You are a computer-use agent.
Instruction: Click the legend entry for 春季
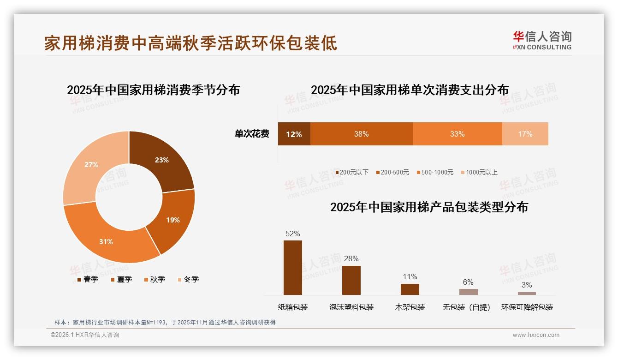click(x=87, y=279)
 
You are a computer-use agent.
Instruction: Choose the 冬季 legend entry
click(x=188, y=279)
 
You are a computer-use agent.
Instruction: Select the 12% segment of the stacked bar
click(x=294, y=134)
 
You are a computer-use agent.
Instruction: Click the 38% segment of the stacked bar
click(x=361, y=134)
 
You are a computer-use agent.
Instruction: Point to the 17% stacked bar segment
click(x=525, y=134)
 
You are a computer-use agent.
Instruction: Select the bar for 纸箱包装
click(x=293, y=268)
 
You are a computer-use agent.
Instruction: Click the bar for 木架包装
click(x=410, y=289)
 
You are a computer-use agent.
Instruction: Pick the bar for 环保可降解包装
click(x=527, y=293)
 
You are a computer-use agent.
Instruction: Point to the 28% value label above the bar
click(x=351, y=258)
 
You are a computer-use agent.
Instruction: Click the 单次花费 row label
click(x=252, y=134)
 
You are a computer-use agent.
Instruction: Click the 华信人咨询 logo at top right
click(x=542, y=40)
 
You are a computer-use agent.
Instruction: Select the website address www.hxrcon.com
click(x=536, y=335)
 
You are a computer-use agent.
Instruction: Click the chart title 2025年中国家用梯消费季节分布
click(x=153, y=90)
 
